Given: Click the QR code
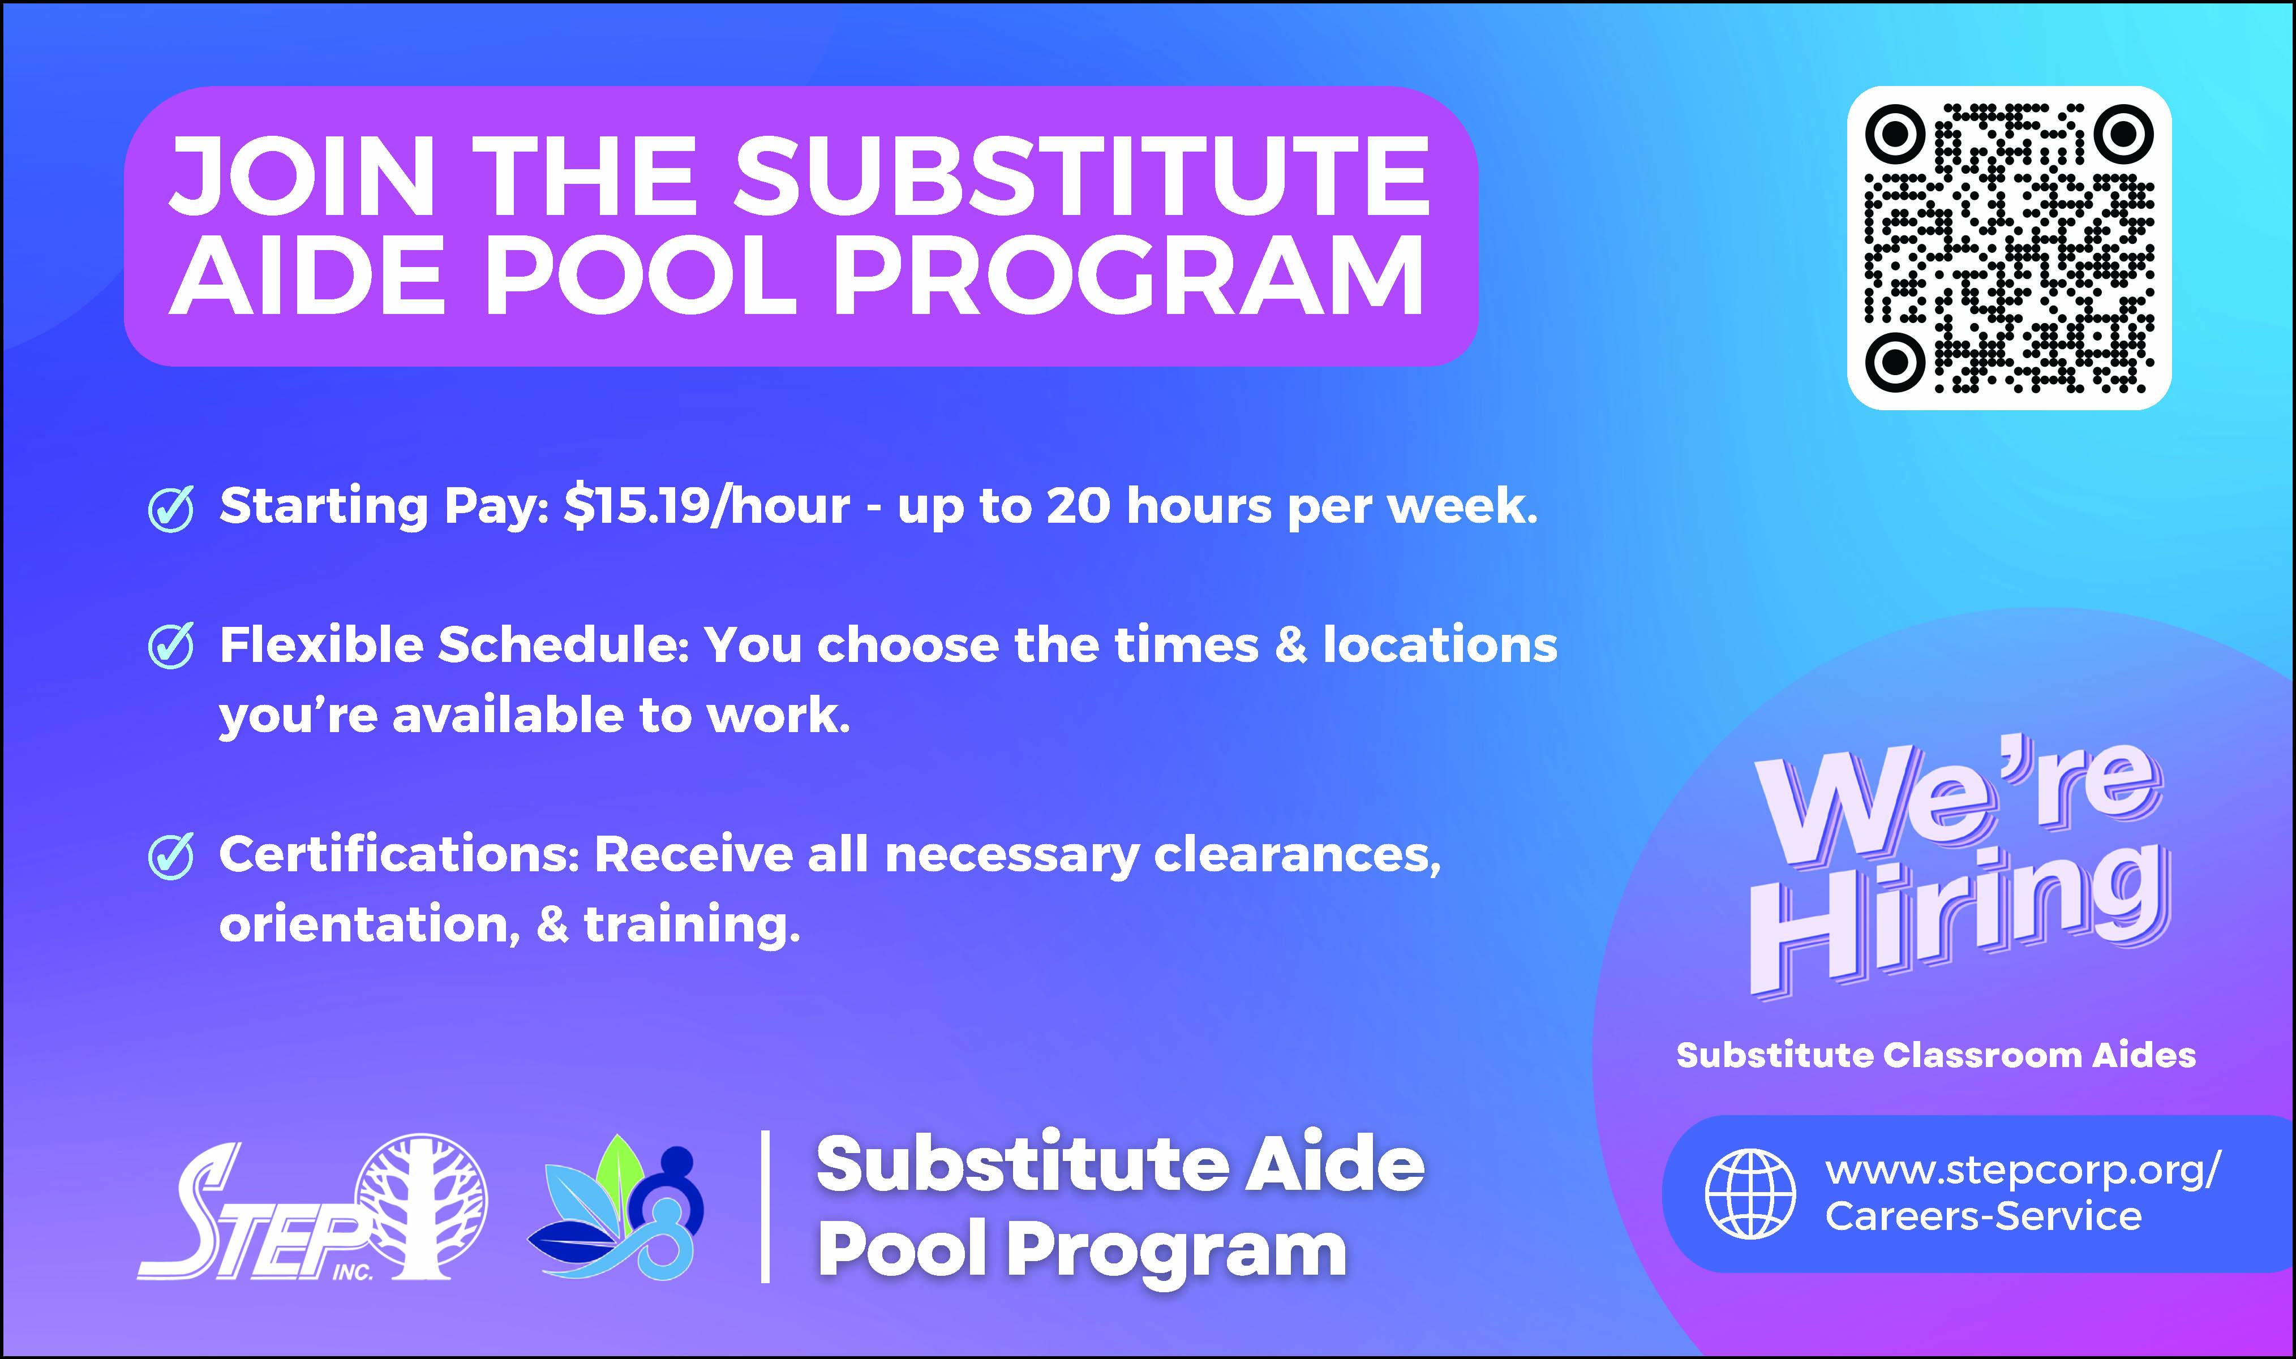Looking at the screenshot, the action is tap(2009, 247).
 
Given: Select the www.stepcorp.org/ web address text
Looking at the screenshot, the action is tap(2022, 1171).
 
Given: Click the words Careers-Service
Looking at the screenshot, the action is tap(1983, 1216).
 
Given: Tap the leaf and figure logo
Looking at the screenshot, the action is tap(616, 1207).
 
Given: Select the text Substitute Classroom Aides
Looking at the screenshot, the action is tap(1936, 1055).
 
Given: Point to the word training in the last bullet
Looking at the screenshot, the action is tap(692, 925).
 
